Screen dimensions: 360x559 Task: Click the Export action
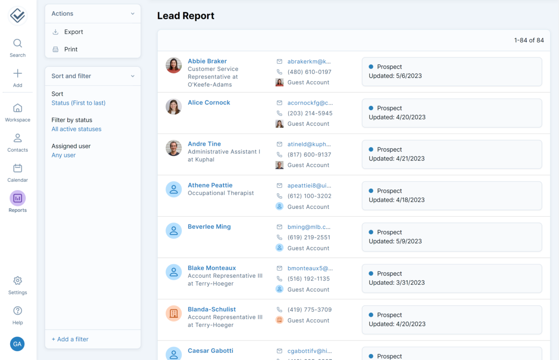pos(73,32)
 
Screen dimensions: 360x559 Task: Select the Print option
pos(71,49)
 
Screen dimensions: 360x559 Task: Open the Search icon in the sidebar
pos(17,44)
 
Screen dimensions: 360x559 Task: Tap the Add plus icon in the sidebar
pos(17,73)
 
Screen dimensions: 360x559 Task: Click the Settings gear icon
pos(17,281)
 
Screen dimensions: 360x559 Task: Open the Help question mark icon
pos(17,311)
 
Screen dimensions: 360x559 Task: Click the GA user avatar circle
pos(17,344)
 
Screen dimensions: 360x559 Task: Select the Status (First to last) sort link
pos(78,103)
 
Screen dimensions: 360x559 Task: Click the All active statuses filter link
pos(76,129)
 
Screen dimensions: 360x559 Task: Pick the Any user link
pos(63,155)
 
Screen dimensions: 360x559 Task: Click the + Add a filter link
pos(70,339)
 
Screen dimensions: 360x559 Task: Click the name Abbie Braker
pos(207,61)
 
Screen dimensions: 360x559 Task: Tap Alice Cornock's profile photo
pos(174,107)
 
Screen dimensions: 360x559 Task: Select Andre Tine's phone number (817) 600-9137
pos(309,155)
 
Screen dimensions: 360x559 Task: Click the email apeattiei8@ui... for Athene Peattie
pos(309,185)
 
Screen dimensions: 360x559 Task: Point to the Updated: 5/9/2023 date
pos(395,241)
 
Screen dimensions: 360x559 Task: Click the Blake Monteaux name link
pos(211,268)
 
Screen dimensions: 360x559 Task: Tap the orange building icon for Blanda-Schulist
pos(174,313)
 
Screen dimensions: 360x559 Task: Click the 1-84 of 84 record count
pos(528,40)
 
